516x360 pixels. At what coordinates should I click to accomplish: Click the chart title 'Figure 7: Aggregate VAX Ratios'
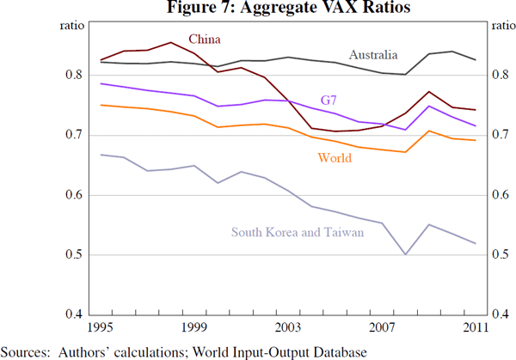coord(258,9)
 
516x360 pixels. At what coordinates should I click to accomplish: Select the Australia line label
coord(372,55)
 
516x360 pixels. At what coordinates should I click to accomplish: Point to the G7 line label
coord(329,101)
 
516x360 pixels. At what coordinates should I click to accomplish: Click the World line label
coord(335,158)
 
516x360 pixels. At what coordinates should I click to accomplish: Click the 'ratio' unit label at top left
coord(71,26)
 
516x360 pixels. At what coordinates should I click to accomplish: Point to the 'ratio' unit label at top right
coord(501,26)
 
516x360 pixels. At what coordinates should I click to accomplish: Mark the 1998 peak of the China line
coord(171,42)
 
